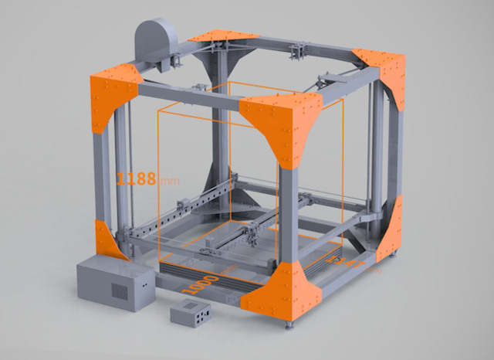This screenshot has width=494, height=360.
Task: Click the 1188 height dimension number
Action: [135, 179]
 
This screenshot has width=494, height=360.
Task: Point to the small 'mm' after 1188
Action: [167, 181]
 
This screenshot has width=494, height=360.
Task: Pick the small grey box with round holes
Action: [190, 314]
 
